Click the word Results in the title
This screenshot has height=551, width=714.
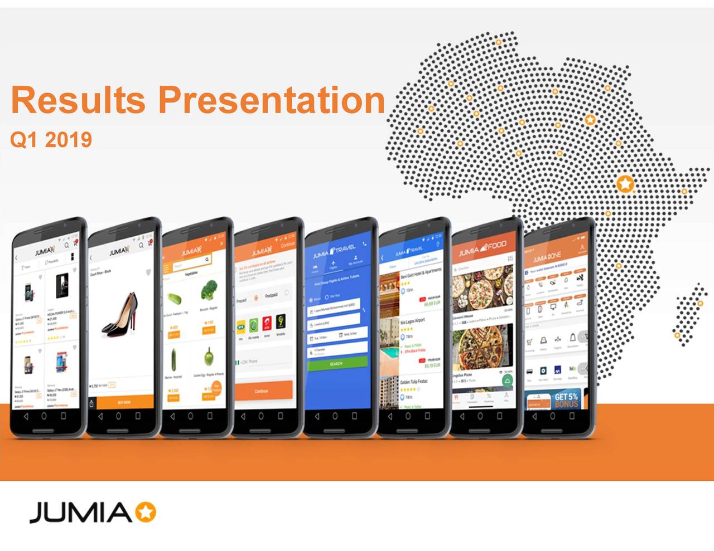coord(79,100)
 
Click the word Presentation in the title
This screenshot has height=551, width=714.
coord(272,100)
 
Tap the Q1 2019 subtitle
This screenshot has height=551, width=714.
coord(51,139)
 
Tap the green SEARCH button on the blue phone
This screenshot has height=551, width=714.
coord(336,363)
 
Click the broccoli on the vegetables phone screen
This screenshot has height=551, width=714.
coord(209,291)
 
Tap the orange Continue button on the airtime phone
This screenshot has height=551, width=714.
coord(262,391)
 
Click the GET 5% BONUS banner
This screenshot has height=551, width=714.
coord(565,400)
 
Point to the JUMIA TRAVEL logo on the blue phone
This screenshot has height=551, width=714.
coord(334,251)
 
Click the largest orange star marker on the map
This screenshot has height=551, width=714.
coord(625,183)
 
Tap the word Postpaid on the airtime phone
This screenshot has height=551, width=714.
coord(271,295)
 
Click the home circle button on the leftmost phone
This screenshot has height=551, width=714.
coord(44,416)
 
